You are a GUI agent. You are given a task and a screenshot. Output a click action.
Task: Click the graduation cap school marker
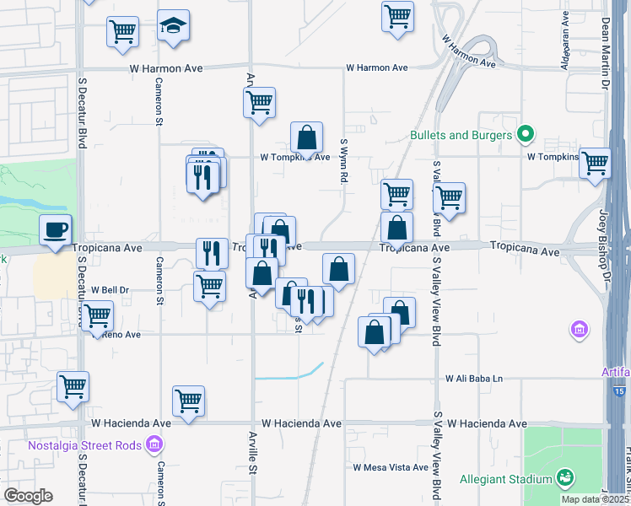pos(174,26)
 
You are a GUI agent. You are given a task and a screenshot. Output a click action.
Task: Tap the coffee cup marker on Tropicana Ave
pos(56,229)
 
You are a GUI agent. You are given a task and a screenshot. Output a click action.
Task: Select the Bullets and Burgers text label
pos(461,135)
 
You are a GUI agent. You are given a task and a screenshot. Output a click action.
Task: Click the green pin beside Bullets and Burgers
pos(526,134)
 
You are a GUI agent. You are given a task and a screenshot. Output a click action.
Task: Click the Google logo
pos(29,496)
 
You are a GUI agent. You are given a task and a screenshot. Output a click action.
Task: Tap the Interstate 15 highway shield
pos(620,391)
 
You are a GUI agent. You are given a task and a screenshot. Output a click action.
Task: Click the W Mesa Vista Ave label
pos(391,467)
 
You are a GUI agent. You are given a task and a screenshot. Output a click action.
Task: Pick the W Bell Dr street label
pos(108,289)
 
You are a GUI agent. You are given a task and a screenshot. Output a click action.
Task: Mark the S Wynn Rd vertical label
pos(344,162)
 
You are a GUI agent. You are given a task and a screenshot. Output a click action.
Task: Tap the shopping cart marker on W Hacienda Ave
pos(188,400)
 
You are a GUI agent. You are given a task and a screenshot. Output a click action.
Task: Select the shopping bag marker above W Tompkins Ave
pos(306,136)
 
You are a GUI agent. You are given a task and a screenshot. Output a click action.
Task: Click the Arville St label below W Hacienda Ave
pos(251,466)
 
